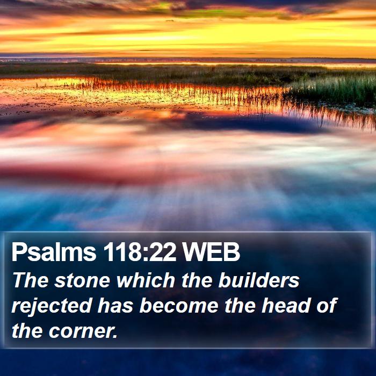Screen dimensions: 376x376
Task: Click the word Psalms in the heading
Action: [x=54, y=252]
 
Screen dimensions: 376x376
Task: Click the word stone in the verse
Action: [x=82, y=280]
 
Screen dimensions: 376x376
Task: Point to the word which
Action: [x=146, y=280]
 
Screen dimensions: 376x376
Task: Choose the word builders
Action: [x=259, y=280]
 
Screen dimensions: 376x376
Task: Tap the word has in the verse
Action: [x=115, y=305]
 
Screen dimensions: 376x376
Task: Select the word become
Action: [x=179, y=305]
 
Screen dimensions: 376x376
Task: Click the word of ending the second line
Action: [x=327, y=305]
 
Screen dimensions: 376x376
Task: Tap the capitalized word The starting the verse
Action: [x=31, y=280]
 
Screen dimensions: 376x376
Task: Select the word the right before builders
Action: [x=197, y=280]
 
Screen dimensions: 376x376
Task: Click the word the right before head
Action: [x=240, y=305]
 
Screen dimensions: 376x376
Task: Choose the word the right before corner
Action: [x=27, y=331]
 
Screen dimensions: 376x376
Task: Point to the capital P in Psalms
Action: [x=19, y=252]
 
